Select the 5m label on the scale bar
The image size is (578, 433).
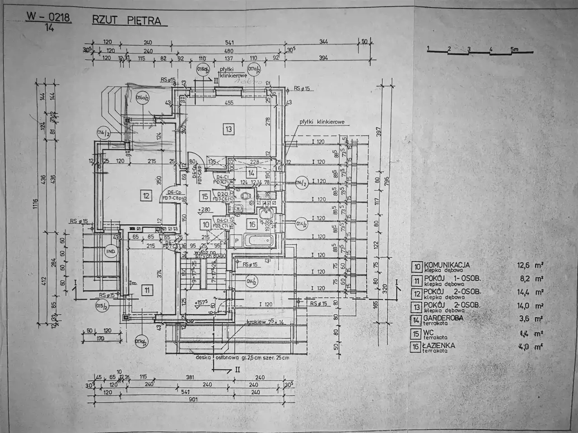514,48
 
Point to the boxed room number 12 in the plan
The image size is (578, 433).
145,196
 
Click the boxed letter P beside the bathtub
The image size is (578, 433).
237,241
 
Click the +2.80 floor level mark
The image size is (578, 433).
204,210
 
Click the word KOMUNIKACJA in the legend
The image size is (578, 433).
447,265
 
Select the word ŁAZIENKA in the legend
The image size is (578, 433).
439,345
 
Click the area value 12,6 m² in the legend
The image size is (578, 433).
531,266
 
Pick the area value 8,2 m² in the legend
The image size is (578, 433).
532,279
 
